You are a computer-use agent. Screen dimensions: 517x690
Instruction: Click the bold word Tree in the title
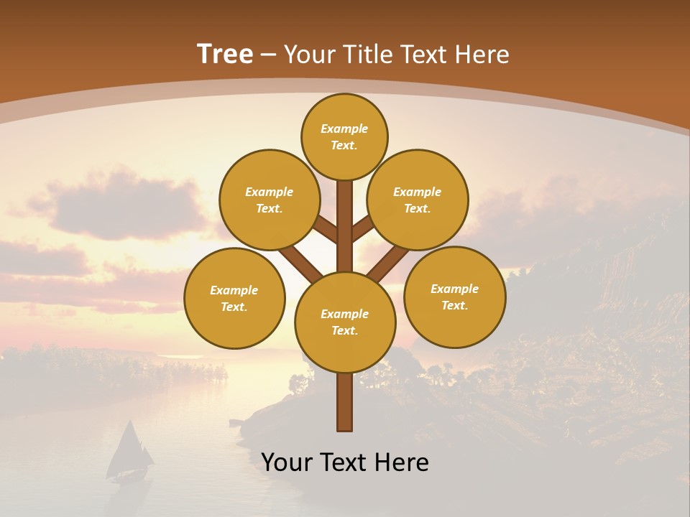[x=225, y=55]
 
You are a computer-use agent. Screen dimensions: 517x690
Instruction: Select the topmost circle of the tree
[x=344, y=136]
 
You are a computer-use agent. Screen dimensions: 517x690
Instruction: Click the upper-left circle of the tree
[x=270, y=200]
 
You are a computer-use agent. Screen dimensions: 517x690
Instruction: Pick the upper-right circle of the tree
[x=418, y=200]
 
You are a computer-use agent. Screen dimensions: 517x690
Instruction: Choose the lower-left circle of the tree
[x=234, y=298]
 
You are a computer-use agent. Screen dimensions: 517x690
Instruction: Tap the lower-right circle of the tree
[x=454, y=297]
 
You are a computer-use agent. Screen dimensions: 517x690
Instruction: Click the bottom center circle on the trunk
[x=345, y=322]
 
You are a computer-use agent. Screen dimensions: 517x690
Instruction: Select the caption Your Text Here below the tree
[x=345, y=462]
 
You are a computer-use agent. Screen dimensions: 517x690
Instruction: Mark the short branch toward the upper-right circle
[x=363, y=229]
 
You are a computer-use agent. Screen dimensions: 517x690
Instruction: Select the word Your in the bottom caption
[x=286, y=462]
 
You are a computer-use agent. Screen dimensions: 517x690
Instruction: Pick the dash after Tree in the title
[x=268, y=55]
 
